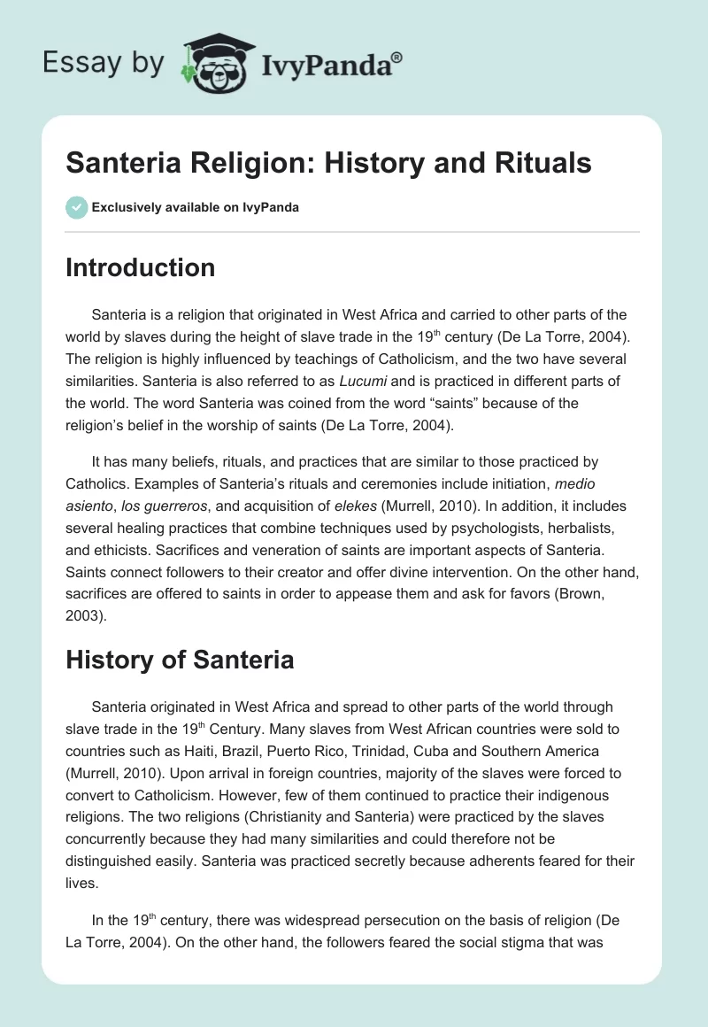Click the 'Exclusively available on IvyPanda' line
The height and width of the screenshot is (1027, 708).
tap(195, 207)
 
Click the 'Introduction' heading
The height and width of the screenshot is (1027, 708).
tap(140, 268)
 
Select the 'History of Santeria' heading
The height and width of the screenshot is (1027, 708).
tap(180, 660)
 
